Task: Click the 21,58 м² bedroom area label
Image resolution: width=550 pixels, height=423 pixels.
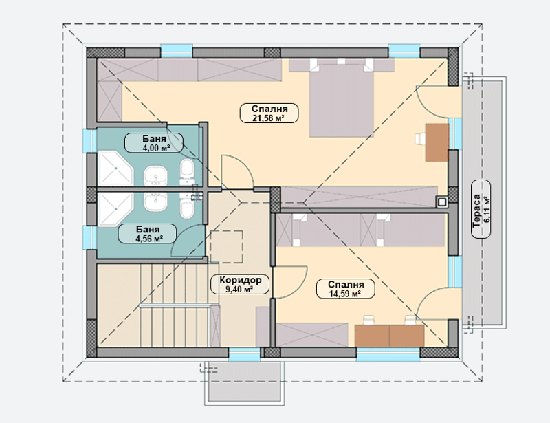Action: [269, 113]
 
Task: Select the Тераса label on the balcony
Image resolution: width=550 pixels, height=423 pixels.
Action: [481, 209]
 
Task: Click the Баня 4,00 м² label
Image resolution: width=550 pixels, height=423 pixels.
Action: [154, 143]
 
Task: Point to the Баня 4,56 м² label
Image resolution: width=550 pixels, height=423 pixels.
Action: [147, 234]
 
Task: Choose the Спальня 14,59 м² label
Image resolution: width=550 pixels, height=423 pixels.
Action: [346, 289]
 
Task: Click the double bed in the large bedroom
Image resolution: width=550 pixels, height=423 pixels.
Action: [341, 98]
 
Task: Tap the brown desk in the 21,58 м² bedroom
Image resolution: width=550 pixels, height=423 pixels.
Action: [437, 142]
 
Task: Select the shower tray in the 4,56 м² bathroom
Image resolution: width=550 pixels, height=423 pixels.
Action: [115, 210]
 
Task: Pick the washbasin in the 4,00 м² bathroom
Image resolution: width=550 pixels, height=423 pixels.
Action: [155, 176]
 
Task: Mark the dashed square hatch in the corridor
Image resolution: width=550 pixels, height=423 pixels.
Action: [227, 246]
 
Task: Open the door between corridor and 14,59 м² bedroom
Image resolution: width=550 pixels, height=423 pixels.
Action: [289, 282]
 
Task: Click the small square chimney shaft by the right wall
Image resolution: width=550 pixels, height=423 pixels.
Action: [441, 202]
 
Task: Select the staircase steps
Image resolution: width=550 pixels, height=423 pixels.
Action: [153, 305]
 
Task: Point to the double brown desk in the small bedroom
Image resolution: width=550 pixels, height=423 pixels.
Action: [389, 336]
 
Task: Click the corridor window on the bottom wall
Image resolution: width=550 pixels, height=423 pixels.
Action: [245, 354]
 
